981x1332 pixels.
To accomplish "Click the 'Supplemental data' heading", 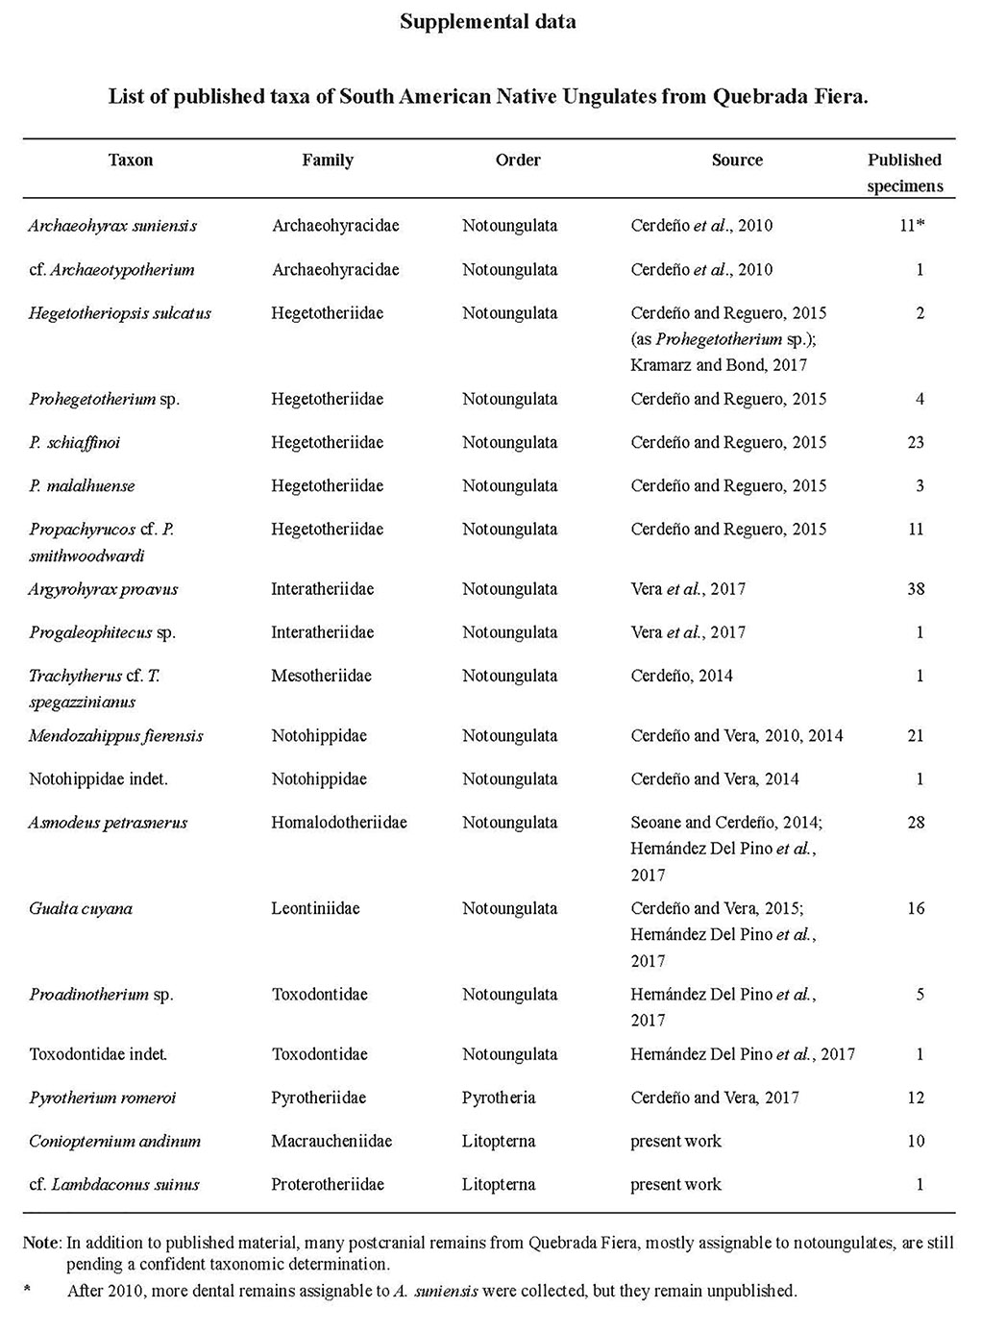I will point(488,21).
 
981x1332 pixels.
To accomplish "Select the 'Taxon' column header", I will point(131,160).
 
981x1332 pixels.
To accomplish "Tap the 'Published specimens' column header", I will point(904,173).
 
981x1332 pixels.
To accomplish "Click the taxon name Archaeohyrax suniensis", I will point(112,226).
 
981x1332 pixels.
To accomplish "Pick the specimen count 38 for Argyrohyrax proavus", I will point(915,589).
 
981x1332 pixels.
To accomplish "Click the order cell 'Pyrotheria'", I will point(498,1098).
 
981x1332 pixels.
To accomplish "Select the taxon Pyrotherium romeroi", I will point(103,1098).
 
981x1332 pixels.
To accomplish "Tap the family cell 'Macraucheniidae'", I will point(331,1141).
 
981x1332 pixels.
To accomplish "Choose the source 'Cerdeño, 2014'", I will point(681,676).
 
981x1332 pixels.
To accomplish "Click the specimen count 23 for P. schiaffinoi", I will point(915,442).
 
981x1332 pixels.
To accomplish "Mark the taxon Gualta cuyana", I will point(81,908).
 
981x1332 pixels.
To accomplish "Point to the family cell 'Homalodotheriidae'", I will point(339,823).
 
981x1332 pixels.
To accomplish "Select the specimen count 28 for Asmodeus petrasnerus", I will point(915,823).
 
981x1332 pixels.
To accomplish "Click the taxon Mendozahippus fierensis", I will point(115,736).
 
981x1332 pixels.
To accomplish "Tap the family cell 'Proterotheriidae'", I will point(328,1184).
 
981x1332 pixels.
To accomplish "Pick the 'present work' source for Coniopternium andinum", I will point(675,1141).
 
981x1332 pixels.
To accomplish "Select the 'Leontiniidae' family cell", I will point(315,908).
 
